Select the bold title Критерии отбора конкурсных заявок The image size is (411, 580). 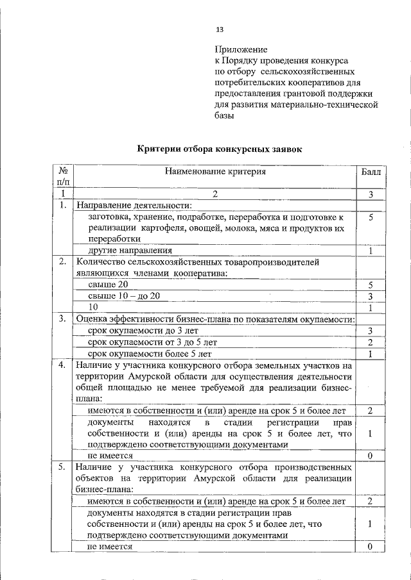tap(219, 149)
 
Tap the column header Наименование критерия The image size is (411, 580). tap(215, 172)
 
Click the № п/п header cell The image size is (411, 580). tap(63, 178)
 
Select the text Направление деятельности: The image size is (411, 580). tap(134, 206)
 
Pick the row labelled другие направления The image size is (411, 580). tap(130, 251)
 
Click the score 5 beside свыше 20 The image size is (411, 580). tap(371, 285)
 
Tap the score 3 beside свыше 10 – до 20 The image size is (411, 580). tap(371, 295)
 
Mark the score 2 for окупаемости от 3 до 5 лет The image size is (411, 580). tap(371, 342)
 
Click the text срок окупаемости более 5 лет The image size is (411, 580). tap(150, 353)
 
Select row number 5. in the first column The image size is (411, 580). tap(62, 467)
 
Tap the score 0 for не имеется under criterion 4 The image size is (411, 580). tap(371, 455)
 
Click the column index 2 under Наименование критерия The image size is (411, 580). tap(215, 194)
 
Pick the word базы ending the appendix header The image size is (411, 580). tap(225, 117)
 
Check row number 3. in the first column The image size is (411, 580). tap(62, 319)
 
